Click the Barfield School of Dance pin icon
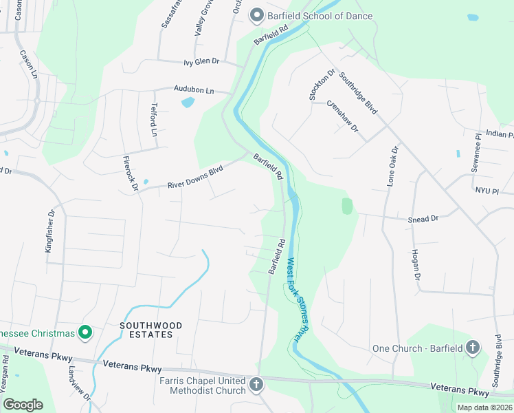pyautogui.click(x=257, y=15)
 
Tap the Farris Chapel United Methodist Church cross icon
pyautogui.click(x=256, y=384)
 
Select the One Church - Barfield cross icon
pyautogui.click(x=473, y=348)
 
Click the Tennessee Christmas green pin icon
pyautogui.click(x=86, y=333)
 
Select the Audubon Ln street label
pyautogui.click(x=194, y=90)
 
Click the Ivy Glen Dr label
pyautogui.click(x=201, y=61)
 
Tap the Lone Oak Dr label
pyautogui.click(x=392, y=167)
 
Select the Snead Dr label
pyautogui.click(x=423, y=218)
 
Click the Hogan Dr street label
pyautogui.click(x=416, y=265)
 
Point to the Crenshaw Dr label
pyautogui.click(x=343, y=115)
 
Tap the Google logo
pyautogui.click(x=23, y=404)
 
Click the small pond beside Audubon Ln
pyautogui.click(x=187, y=103)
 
